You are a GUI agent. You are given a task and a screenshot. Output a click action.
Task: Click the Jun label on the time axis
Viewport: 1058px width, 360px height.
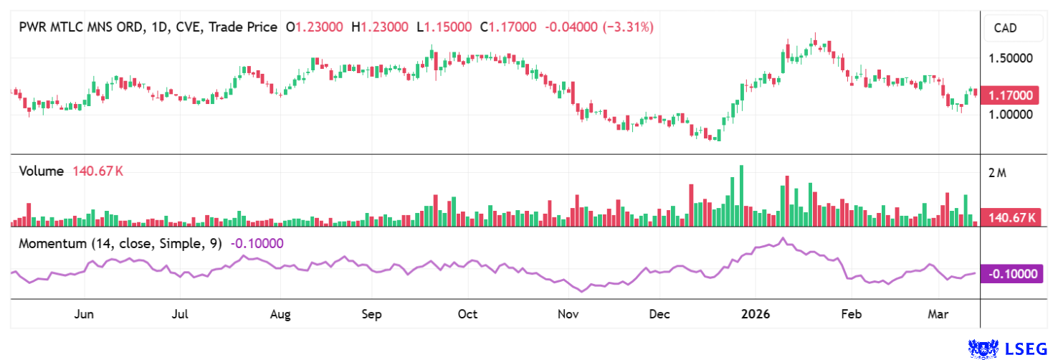point(85,314)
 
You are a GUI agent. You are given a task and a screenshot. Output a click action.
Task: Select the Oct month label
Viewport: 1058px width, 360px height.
point(467,314)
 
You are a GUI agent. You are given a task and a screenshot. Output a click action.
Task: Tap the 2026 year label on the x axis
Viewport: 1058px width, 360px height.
point(756,314)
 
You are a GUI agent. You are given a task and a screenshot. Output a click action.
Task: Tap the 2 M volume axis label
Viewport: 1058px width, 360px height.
point(997,173)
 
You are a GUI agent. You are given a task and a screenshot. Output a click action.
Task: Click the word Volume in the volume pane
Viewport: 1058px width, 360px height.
point(42,171)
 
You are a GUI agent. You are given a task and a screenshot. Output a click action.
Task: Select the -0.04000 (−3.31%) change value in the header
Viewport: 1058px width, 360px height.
point(599,27)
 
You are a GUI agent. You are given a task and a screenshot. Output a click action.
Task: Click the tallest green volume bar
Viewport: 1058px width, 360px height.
point(741,196)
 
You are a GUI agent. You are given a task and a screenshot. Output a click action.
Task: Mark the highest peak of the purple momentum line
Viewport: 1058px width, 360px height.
point(783,238)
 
